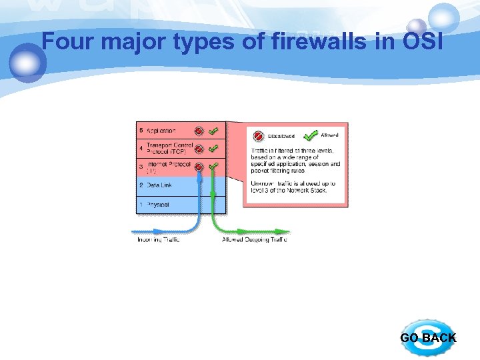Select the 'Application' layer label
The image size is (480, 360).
click(161, 131)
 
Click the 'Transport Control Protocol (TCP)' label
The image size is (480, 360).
click(169, 148)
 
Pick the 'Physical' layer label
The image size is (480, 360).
click(159, 204)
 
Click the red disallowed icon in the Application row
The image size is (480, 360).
click(199, 131)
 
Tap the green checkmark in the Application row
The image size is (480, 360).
click(213, 131)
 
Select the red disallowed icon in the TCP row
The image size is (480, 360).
click(199, 149)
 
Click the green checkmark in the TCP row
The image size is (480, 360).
click(213, 149)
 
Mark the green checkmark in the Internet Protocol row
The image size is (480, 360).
click(213, 166)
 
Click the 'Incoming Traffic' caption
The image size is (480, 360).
click(158, 240)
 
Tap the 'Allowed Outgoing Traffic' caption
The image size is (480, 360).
click(255, 240)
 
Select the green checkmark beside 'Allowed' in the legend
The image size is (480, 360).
click(310, 136)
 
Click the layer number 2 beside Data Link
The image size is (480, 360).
click(141, 185)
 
